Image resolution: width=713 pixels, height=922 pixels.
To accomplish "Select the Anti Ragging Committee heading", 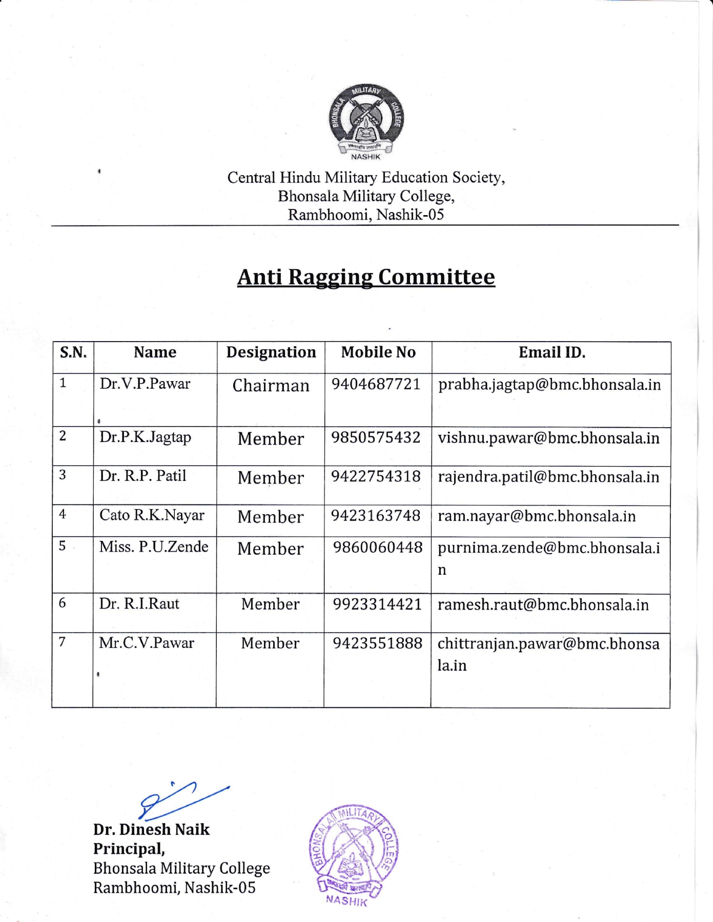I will point(366,277).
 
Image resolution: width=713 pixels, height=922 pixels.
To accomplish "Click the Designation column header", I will point(271,352).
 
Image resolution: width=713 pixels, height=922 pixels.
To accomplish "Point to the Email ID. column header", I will point(552,352).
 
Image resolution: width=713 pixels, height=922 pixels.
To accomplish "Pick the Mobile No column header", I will point(378,352).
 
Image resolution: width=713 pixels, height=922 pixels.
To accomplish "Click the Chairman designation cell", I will point(271,386).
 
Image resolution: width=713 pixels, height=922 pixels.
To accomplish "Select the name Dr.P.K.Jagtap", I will point(146,437).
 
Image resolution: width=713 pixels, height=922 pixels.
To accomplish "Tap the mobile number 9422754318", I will point(376,476).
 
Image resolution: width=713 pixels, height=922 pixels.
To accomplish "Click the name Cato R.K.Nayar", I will point(152,515).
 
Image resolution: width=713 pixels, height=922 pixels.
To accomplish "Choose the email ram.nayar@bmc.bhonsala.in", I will point(536,516).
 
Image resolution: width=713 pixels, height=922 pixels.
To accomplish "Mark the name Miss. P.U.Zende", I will point(154,547).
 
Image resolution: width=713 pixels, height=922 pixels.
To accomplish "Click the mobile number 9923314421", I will point(377,604).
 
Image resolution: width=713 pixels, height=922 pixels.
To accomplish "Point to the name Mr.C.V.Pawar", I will point(147,643).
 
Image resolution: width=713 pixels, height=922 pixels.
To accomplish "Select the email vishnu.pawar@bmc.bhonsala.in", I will point(548,438).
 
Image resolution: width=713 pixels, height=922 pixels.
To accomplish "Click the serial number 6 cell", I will point(63,603).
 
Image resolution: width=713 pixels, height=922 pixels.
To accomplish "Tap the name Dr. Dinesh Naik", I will point(151,830).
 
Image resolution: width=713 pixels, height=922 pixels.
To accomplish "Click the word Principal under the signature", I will point(129,849).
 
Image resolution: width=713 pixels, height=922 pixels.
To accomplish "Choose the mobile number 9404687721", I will point(376,384).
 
